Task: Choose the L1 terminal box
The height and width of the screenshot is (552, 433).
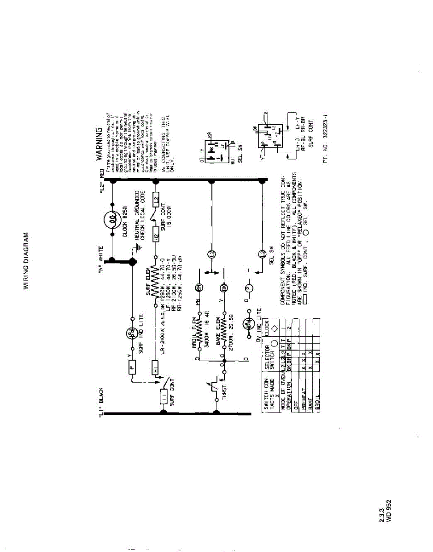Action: tap(164, 397)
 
